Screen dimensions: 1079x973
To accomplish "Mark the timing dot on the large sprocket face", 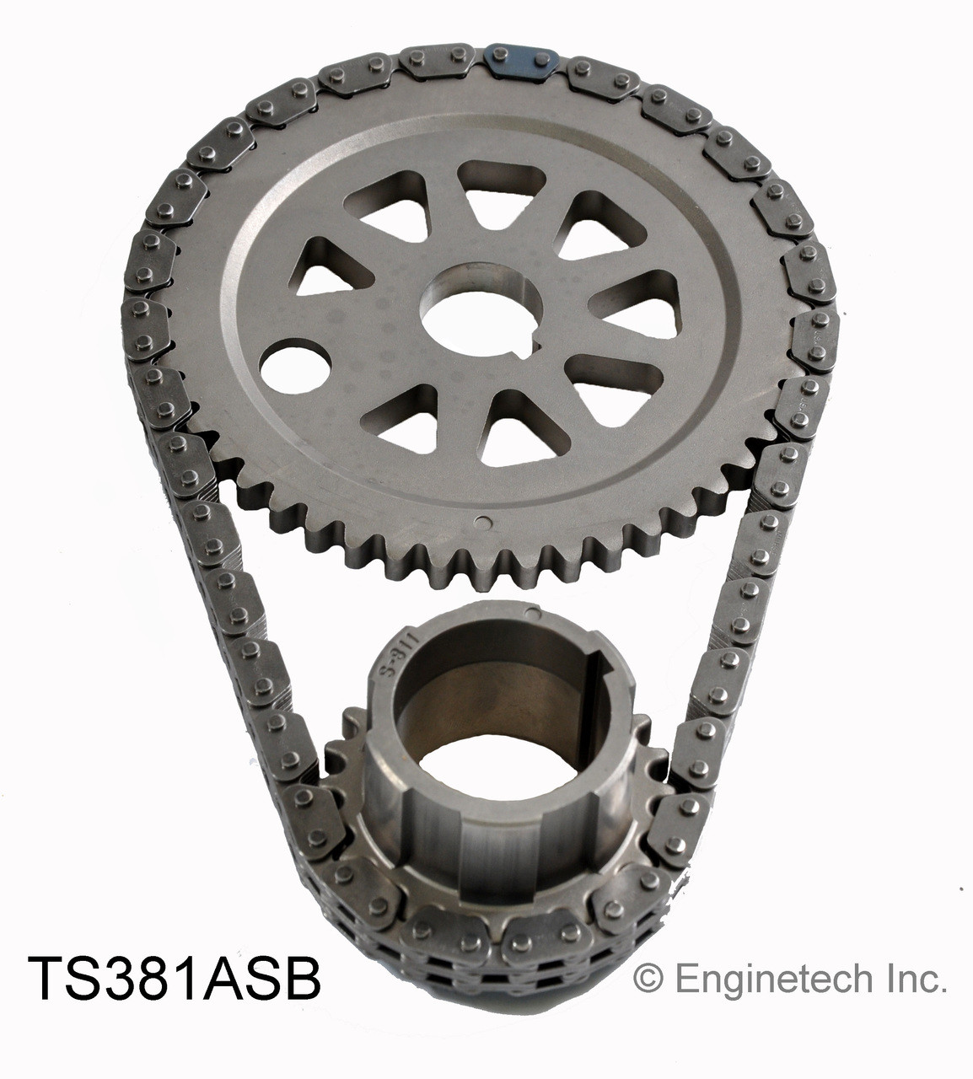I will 481,520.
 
